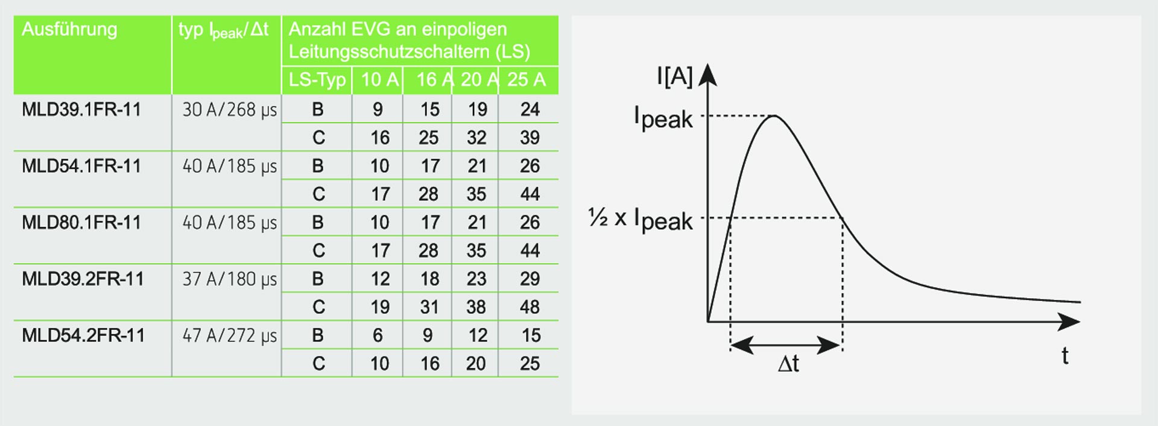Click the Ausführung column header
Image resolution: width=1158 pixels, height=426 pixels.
coord(69,30)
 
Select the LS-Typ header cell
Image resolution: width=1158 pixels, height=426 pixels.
coord(317,80)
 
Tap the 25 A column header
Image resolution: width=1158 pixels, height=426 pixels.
coord(527,80)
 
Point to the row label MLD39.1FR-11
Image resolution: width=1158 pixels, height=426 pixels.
coord(81,110)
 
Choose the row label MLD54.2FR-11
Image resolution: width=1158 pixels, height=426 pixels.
coord(83,335)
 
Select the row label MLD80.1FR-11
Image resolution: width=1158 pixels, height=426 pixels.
coord(81,223)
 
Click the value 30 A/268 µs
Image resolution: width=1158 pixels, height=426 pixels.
coord(230,110)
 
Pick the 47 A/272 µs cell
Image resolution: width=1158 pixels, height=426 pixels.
coord(230,335)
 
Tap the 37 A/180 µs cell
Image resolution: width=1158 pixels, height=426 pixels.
coord(230,279)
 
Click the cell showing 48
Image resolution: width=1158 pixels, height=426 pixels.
coord(530,307)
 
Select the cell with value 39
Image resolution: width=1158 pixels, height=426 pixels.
coord(530,138)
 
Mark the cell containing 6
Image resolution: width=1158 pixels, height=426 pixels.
coord(378,335)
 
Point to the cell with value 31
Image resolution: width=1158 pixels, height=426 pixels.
coord(429,307)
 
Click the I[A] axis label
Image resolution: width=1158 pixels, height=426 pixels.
coord(675,77)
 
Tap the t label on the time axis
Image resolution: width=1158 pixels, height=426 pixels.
coord(1065,356)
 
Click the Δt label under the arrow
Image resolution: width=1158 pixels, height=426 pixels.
coord(788,364)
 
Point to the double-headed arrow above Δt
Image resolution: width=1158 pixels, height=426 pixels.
coord(786,345)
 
